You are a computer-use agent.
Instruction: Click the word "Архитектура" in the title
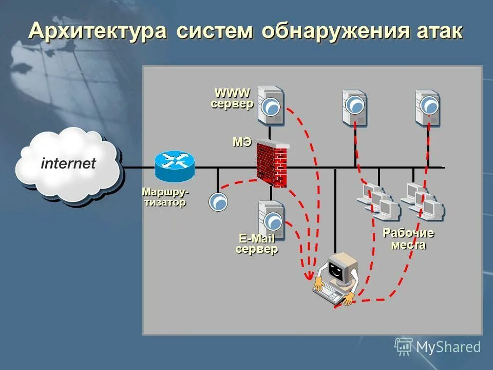(98, 31)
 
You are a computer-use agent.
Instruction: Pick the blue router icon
(175, 165)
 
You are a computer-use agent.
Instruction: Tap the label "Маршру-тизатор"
(164, 197)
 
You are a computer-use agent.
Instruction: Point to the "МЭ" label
(242, 142)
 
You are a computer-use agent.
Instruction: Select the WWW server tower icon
(271, 105)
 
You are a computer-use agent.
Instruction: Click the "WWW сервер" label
(232, 98)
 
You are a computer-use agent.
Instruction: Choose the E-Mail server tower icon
(271, 220)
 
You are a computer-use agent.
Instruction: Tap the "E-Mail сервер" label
(257, 244)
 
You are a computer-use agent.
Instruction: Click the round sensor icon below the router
(218, 201)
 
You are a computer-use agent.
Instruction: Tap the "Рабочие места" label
(409, 239)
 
